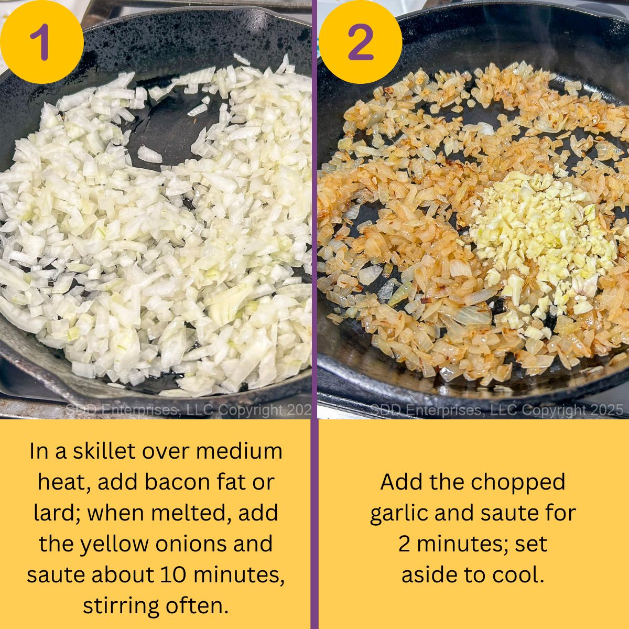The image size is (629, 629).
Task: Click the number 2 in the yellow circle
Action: pos(361,42)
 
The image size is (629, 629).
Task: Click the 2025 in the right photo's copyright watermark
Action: pos(604,410)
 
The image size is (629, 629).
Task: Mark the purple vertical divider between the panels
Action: pos(314,314)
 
